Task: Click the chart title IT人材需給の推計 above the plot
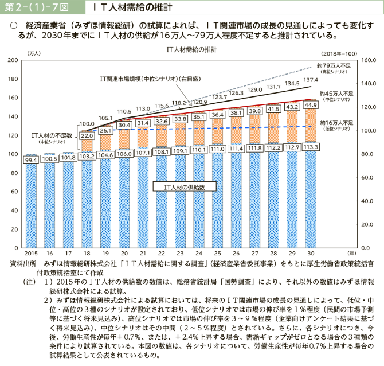[x=191, y=49]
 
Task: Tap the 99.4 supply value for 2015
[x=32, y=160]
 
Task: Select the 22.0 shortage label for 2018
[x=87, y=135]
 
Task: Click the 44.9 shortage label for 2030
[x=311, y=105]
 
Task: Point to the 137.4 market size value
[x=311, y=80]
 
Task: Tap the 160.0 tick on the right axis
[x=368, y=60]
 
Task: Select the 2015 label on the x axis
[x=32, y=252]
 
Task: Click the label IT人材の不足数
[x=51, y=135]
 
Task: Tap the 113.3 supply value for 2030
[x=311, y=147]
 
